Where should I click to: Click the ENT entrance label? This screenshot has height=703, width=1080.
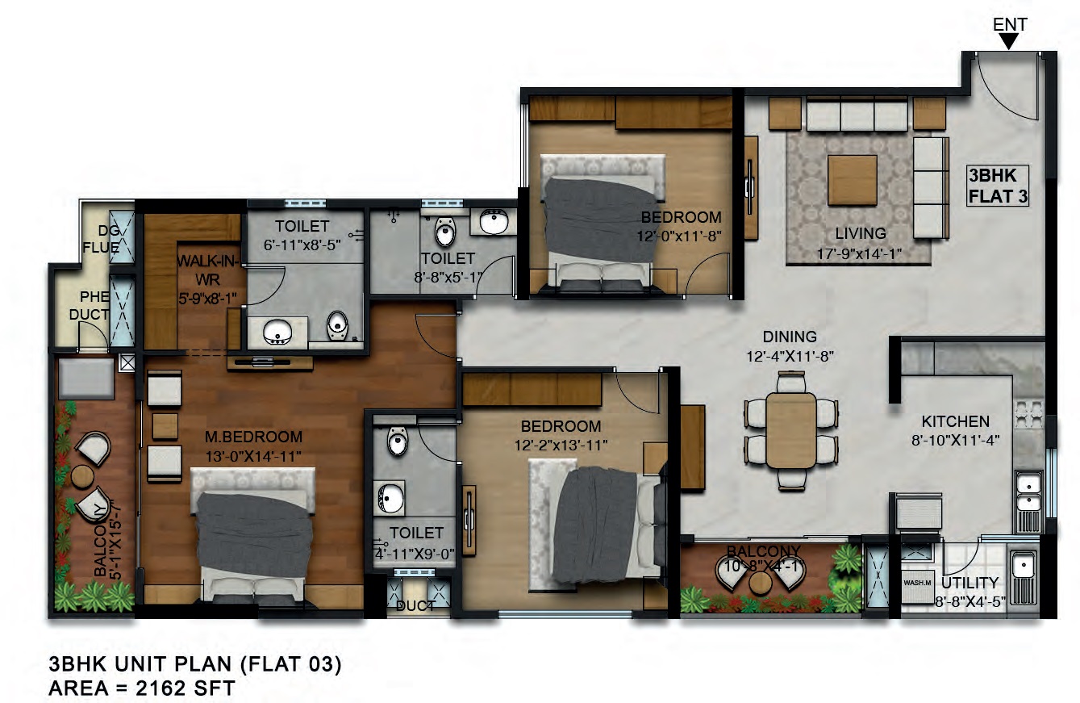pyautogui.click(x=1010, y=24)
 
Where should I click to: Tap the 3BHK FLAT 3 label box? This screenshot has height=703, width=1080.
pyautogui.click(x=998, y=186)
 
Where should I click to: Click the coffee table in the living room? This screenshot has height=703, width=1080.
pyautogui.click(x=852, y=179)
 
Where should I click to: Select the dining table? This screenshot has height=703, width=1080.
pyautogui.click(x=792, y=430)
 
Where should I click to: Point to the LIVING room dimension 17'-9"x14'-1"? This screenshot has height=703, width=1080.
pyautogui.click(x=860, y=254)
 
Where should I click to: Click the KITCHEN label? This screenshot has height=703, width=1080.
pyautogui.click(x=955, y=421)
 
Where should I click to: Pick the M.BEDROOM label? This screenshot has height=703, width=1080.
pyautogui.click(x=254, y=437)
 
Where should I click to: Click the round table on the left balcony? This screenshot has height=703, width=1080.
pyautogui.click(x=83, y=476)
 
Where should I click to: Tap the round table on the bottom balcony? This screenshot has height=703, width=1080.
pyautogui.click(x=759, y=582)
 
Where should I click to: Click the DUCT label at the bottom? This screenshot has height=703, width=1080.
pyautogui.click(x=416, y=605)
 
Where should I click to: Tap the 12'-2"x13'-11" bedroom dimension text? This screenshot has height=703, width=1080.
pyautogui.click(x=560, y=444)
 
